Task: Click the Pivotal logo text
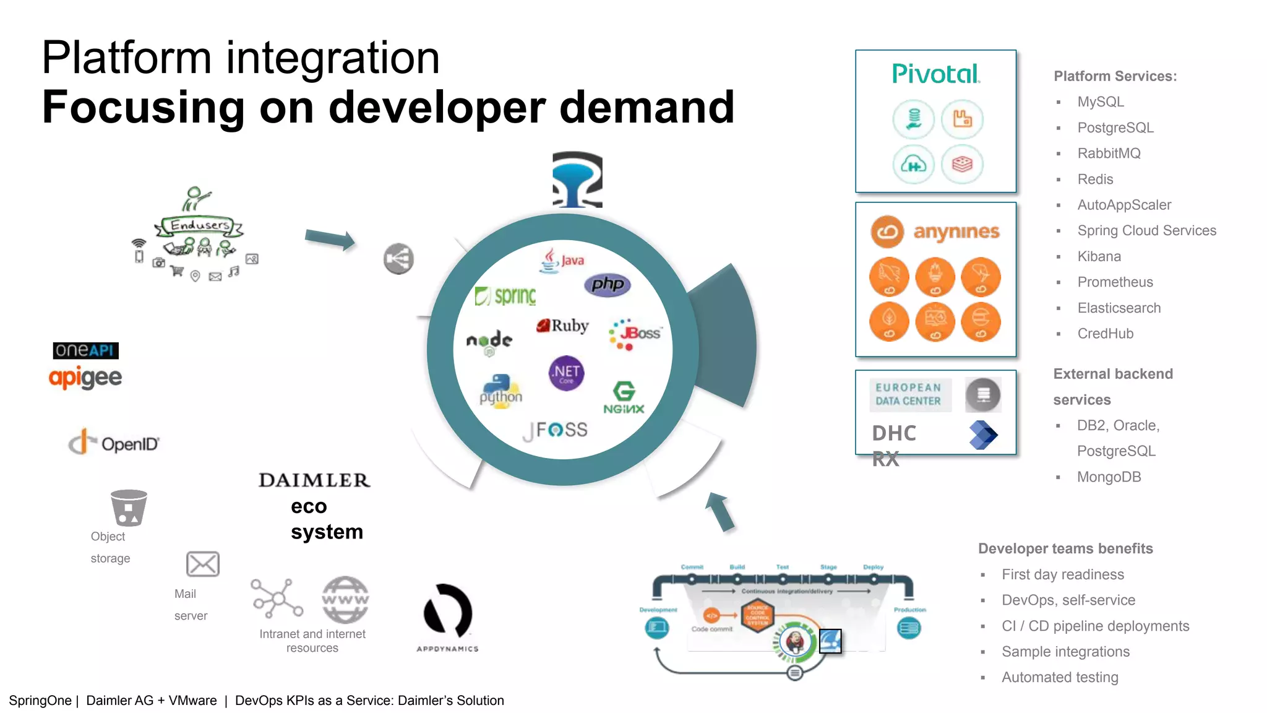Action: click(x=935, y=74)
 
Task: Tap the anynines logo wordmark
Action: click(x=956, y=231)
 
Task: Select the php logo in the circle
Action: click(x=607, y=285)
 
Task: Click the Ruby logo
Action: click(x=562, y=326)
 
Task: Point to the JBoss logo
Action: click(x=635, y=334)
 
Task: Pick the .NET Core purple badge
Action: click(x=566, y=373)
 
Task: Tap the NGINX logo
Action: click(x=624, y=397)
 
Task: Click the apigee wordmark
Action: click(x=85, y=378)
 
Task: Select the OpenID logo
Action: click(x=114, y=443)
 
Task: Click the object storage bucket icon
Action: click(x=129, y=508)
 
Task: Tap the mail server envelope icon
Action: click(x=203, y=564)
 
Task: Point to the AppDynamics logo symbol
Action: click(x=447, y=611)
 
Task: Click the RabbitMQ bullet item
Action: click(x=1109, y=153)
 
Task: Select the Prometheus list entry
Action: click(x=1115, y=282)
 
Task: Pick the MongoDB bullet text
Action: click(x=1109, y=477)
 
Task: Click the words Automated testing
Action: click(x=1060, y=678)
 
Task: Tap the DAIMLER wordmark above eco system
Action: click(x=314, y=480)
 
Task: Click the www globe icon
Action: click(x=345, y=599)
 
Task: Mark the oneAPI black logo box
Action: click(x=85, y=350)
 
